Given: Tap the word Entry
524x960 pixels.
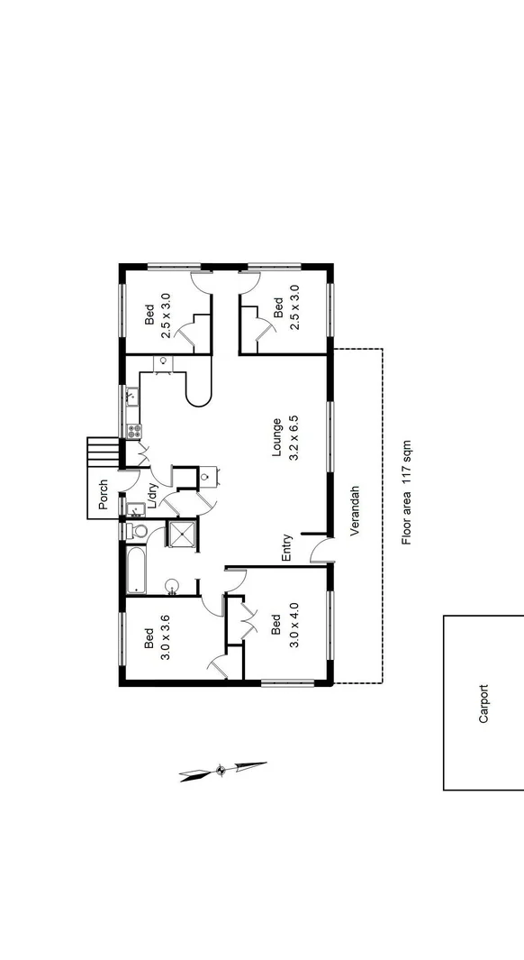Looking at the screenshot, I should click(287, 549).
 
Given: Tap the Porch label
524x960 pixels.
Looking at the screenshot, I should click(104, 494).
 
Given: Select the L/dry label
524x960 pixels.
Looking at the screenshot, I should click(153, 498).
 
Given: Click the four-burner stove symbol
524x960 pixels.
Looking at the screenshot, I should click(133, 431).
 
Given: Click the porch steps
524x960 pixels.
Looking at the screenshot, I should click(102, 450).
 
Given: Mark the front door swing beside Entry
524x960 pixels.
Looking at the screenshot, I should click(320, 552).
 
